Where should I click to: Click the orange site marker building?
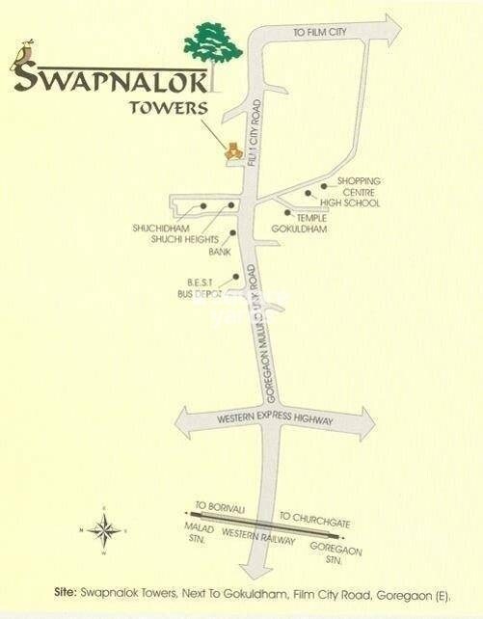[232, 149]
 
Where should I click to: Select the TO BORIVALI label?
[214, 505]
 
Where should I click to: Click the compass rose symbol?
[104, 529]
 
